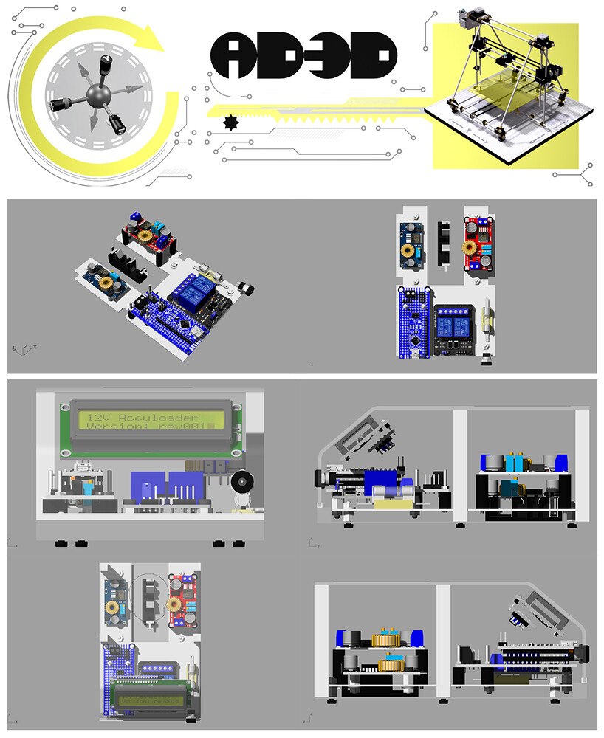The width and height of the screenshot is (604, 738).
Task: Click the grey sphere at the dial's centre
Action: [x=97, y=97]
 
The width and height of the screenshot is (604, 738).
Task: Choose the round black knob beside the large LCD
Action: [x=241, y=483]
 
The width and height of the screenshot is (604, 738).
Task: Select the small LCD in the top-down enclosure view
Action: [x=151, y=696]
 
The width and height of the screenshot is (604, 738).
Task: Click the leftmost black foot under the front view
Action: [x=61, y=544]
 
